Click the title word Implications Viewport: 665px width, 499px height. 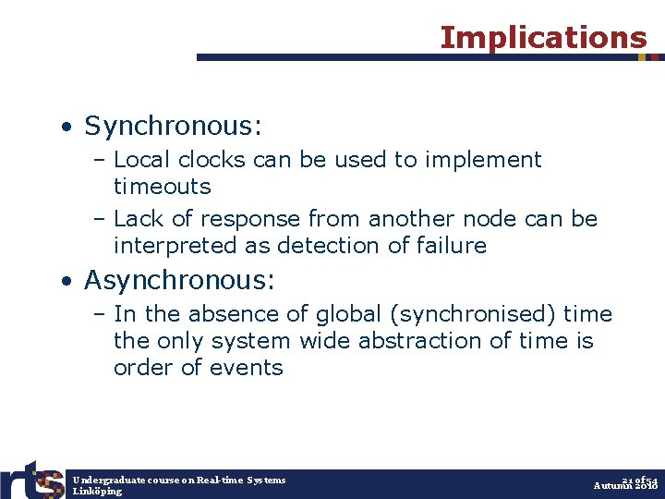(543, 38)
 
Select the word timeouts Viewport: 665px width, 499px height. (162, 187)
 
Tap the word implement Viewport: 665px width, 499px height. (483, 160)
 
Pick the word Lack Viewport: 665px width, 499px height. (139, 219)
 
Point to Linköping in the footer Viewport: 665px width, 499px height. (97, 492)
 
